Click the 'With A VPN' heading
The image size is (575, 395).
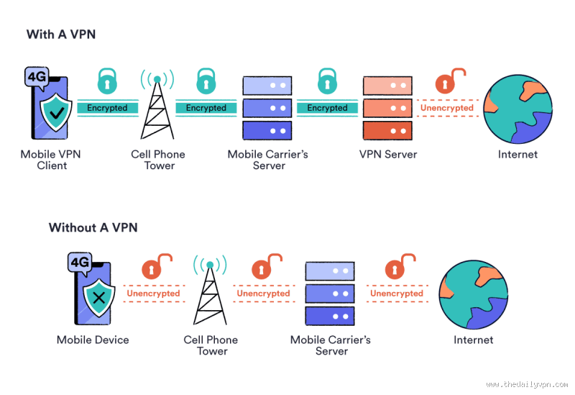[x=61, y=34]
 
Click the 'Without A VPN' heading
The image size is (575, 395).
[x=93, y=227]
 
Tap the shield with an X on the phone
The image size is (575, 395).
[x=97, y=296]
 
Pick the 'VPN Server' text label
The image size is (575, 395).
[x=388, y=154]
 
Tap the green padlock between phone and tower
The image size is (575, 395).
[x=107, y=81]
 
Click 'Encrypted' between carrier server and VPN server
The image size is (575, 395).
[x=327, y=108]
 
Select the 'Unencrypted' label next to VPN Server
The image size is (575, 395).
[x=447, y=108]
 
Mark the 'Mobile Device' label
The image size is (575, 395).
[x=93, y=340]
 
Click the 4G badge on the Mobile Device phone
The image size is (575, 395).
[x=78, y=263]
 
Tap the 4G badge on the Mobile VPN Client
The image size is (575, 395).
[x=36, y=77]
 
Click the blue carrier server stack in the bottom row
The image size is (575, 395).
[x=330, y=294]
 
